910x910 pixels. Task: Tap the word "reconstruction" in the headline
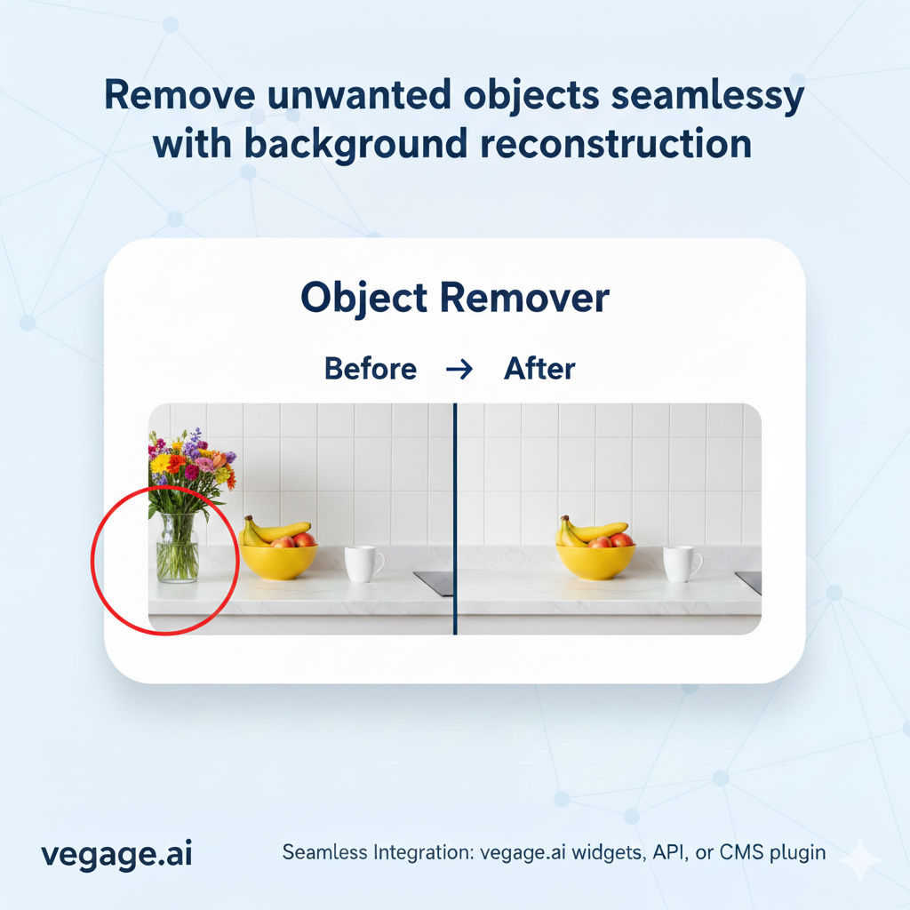pos(607,144)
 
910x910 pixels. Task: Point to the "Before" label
pos(370,368)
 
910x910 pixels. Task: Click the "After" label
pos(539,368)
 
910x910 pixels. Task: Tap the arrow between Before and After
pos(459,369)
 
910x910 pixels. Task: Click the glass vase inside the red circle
pos(177,549)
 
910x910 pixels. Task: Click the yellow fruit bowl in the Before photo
pos(278,561)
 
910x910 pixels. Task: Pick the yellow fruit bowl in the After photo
pos(595,561)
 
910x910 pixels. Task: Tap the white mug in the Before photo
pos(362,563)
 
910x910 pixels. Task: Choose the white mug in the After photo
pos(681,563)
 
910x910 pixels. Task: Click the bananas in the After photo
pos(590,531)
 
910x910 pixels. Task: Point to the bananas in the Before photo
pos(272,531)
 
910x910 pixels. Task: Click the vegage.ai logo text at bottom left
pos(116,854)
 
